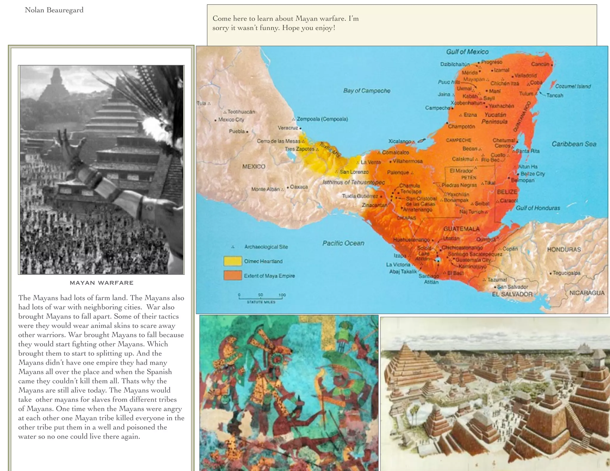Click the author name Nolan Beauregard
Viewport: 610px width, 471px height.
coord(54,10)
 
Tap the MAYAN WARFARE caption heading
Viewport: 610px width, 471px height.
coord(102,283)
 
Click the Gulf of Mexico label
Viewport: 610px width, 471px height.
coord(467,52)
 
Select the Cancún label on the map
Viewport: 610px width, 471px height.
coord(540,64)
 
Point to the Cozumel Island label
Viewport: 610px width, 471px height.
coord(573,86)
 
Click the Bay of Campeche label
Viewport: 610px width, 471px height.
coord(366,91)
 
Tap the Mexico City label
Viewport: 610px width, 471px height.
coord(231,120)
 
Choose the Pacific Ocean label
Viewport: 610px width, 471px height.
coord(343,243)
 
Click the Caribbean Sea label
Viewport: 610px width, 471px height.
coord(574,144)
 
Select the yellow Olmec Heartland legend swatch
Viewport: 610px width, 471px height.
coord(232,261)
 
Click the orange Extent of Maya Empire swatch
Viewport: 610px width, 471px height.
coord(232,275)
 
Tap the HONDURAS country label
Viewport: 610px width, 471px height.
coord(564,249)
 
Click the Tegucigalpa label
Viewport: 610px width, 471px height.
coord(566,273)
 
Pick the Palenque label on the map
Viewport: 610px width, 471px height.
coord(398,172)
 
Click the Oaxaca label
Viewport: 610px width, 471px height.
coord(299,187)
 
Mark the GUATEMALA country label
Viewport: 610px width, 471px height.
coord(461,229)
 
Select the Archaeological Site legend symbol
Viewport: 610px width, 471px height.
coord(233,247)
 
